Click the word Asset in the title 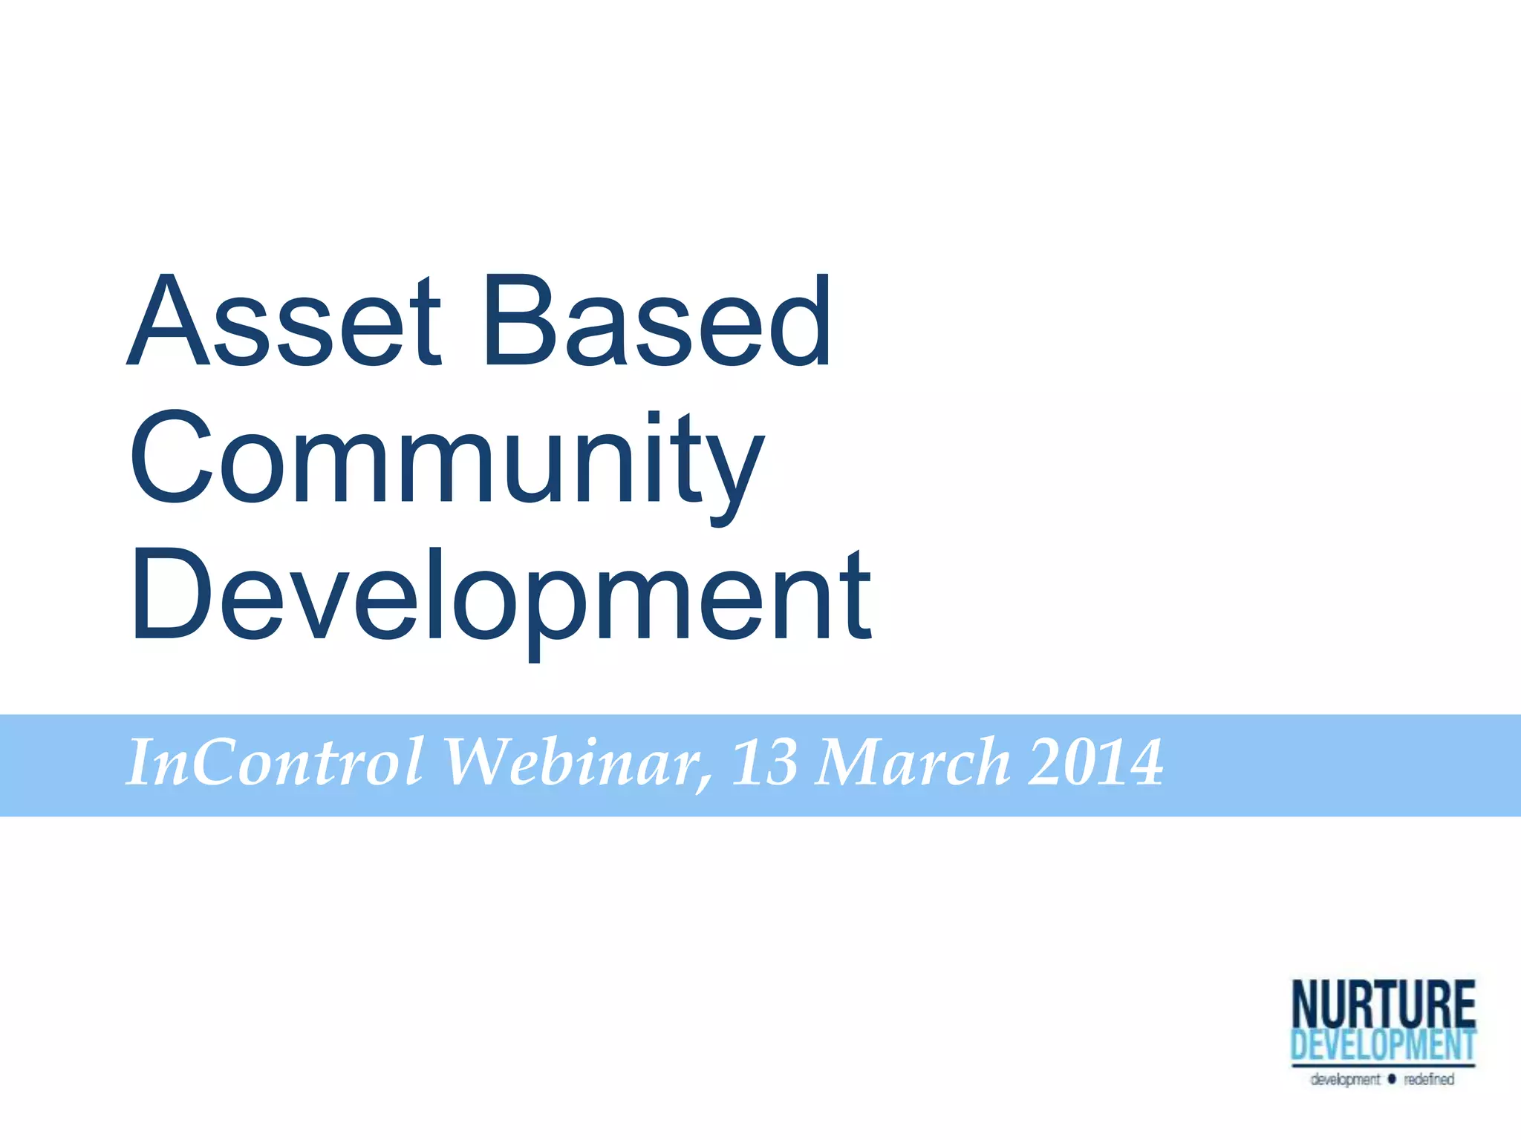(286, 321)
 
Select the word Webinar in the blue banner (576, 762)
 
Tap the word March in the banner (912, 762)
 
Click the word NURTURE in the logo (1383, 1004)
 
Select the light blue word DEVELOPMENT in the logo (1383, 1045)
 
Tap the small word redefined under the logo (1428, 1079)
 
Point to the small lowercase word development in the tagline (1345, 1079)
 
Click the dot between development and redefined (1392, 1078)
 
